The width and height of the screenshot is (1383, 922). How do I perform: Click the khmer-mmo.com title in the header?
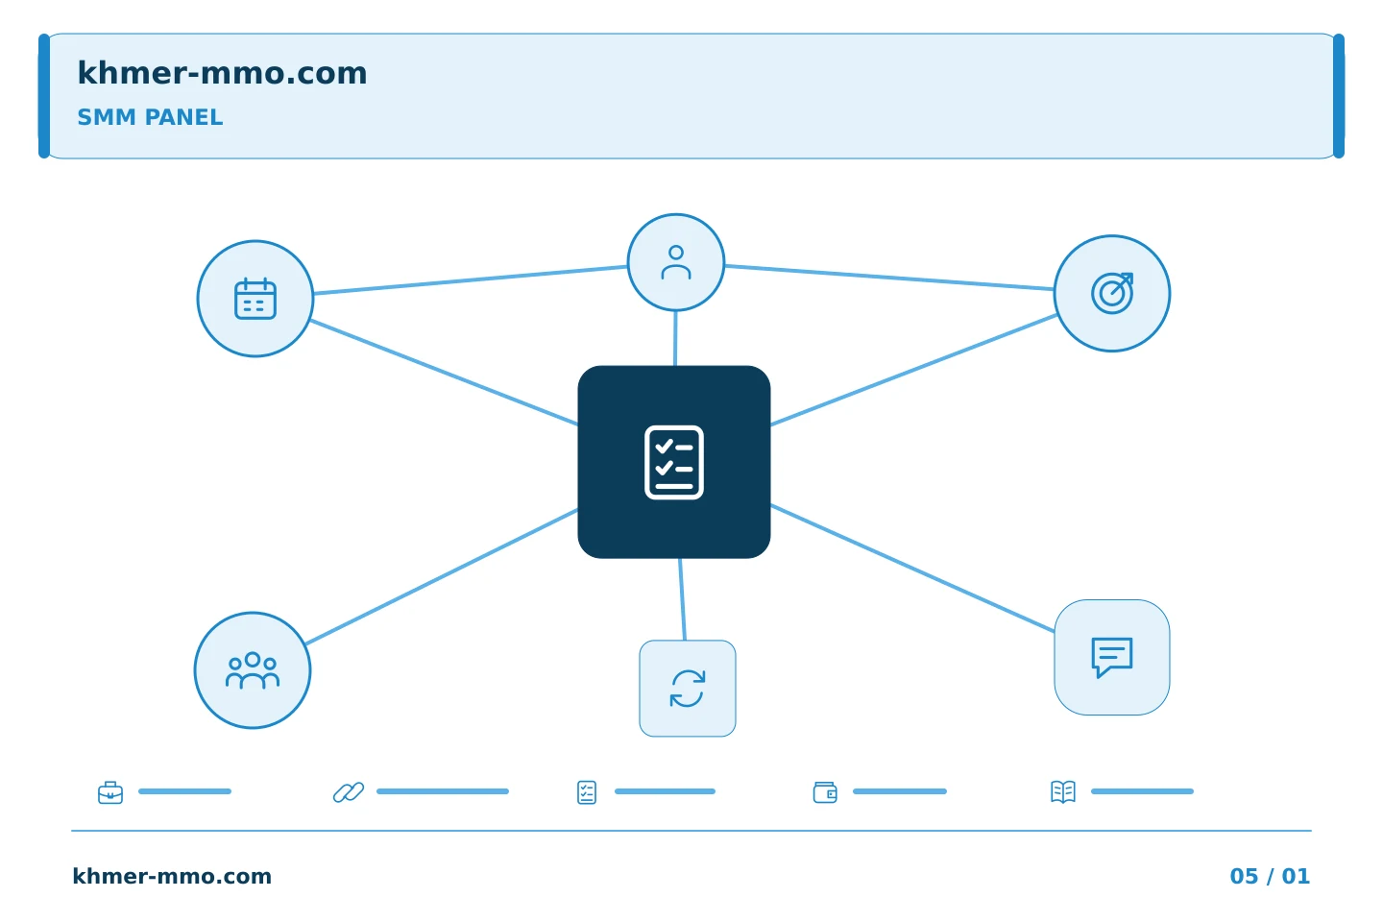tap(222, 73)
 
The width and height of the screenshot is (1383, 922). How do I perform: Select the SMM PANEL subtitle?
tap(150, 117)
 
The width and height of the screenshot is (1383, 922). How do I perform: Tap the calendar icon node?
tap(255, 299)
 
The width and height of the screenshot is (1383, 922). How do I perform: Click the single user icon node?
tap(676, 262)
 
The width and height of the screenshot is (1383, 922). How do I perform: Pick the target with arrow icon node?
tap(1112, 293)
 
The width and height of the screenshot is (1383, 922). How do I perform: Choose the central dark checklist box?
tap(674, 462)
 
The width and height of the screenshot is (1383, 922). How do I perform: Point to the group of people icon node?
tap(253, 670)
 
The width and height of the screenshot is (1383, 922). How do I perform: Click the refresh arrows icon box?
tap(688, 689)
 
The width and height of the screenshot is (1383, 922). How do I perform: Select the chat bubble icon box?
tap(1112, 658)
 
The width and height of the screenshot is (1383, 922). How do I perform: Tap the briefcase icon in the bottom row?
tap(110, 792)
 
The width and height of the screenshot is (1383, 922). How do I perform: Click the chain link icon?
tap(349, 792)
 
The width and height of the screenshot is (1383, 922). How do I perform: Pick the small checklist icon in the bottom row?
tap(587, 792)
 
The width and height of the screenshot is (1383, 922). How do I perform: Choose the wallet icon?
tap(825, 792)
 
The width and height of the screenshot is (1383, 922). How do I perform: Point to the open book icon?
tap(1063, 791)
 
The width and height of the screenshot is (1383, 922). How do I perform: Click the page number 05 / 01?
tap(1270, 876)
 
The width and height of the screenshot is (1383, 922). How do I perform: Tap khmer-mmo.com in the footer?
tap(172, 876)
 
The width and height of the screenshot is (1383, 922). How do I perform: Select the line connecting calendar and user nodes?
tap(471, 279)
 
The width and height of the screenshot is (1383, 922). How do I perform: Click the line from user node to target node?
tap(889, 278)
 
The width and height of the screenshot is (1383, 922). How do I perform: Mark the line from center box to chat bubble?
tap(913, 569)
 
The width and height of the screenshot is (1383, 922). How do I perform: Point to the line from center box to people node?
tap(442, 577)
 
